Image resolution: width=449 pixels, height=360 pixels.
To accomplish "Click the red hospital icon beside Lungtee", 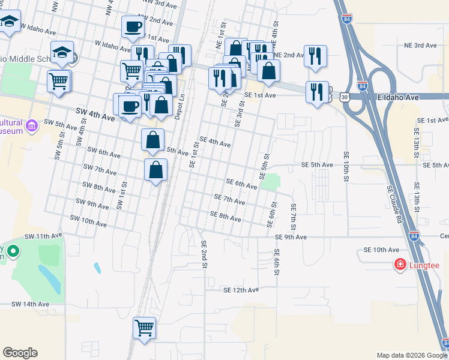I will [400, 264].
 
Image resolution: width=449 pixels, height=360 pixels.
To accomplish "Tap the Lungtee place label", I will [424, 265].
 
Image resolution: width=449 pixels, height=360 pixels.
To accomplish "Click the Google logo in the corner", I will [20, 353].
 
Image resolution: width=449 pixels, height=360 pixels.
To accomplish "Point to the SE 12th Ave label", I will [240, 290].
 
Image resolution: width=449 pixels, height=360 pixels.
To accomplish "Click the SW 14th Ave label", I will [30, 304].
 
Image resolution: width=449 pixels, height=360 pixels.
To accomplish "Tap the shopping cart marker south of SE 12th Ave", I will [144, 329].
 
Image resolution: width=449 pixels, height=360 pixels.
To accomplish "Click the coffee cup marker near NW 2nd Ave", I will [133, 27].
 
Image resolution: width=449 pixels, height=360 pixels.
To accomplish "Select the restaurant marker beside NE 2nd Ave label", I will [315, 56].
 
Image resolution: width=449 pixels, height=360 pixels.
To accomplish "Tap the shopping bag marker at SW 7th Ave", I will [155, 170].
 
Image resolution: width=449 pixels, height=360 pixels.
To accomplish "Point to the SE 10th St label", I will [346, 163].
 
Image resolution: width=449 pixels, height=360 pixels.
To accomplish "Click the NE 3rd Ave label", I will [420, 45].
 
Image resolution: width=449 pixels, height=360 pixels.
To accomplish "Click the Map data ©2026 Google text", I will [411, 355].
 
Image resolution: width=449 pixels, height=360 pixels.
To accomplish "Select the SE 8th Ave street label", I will [225, 217].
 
